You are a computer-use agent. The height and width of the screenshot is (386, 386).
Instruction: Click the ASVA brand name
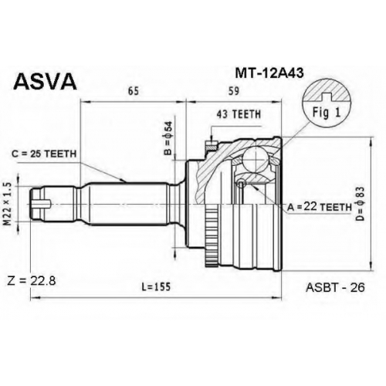46,81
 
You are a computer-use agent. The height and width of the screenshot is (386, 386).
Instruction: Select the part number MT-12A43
269,73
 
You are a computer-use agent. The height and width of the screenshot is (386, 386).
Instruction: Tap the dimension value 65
134,91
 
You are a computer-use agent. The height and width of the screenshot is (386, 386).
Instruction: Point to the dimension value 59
233,91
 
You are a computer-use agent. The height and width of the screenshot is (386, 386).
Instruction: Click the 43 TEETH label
239,114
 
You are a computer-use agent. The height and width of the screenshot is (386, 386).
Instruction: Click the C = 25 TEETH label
44,154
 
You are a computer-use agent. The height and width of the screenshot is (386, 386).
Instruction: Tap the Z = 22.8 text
32,281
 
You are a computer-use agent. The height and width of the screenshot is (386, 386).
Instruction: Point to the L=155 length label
157,286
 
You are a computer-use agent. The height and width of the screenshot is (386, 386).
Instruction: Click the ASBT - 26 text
335,287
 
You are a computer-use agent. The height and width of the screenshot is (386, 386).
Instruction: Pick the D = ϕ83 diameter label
361,204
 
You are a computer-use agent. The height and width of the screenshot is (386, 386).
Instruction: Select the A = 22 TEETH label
320,207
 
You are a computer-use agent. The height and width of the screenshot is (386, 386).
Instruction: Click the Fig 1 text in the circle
327,113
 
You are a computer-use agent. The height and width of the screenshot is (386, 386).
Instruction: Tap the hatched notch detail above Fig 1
327,91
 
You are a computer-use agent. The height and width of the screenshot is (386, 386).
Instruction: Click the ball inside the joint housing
255,159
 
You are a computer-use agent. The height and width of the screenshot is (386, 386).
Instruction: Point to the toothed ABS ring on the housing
212,235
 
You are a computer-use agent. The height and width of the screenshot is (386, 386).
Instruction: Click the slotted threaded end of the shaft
40,204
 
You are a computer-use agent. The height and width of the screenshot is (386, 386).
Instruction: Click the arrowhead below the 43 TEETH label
212,141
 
